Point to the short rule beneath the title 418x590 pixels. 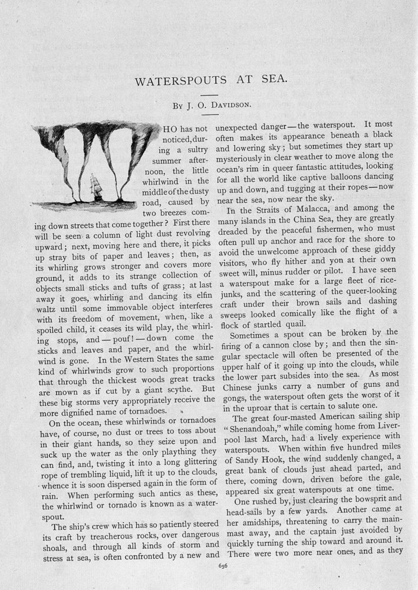click(x=209, y=94)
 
